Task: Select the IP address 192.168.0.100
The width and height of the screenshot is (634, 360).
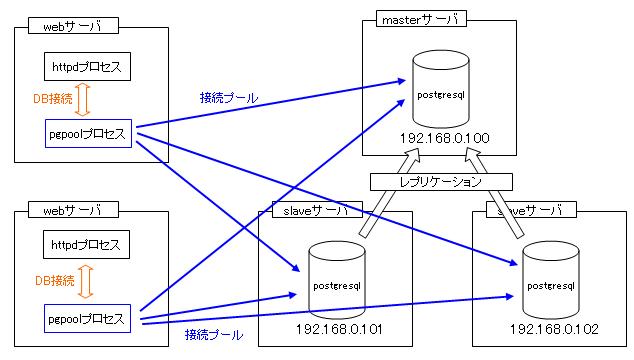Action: click(444, 136)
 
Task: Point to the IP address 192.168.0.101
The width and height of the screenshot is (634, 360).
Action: click(340, 328)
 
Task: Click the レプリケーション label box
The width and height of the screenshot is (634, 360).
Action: click(441, 183)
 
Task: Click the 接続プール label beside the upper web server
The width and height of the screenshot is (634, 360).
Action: click(228, 97)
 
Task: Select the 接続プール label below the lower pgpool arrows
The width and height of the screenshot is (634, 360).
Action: click(213, 334)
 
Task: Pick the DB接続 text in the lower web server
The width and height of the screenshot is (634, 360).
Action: click(55, 281)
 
